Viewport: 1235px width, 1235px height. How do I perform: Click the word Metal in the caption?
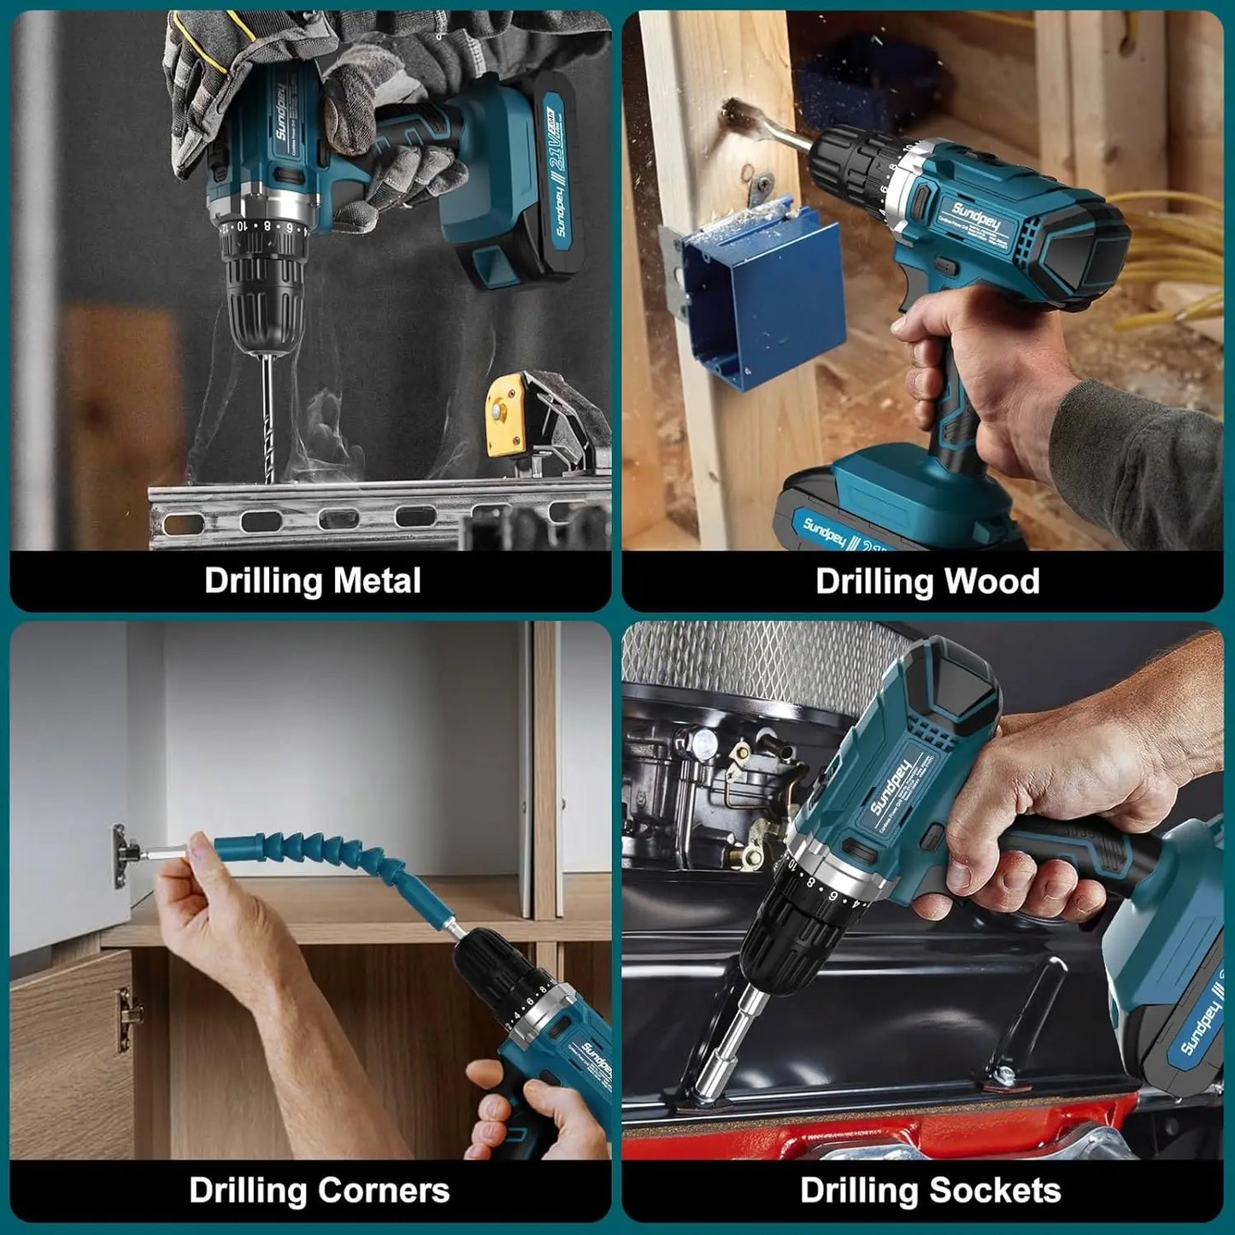point(377,581)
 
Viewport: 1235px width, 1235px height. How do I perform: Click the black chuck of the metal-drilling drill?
point(262,299)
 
